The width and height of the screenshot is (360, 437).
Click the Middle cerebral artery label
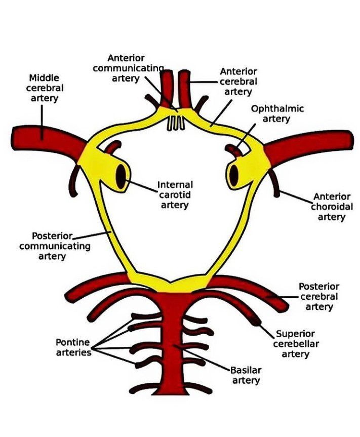tap(44, 88)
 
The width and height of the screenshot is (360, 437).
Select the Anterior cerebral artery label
tap(238, 82)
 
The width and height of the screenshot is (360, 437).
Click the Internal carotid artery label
tap(175, 195)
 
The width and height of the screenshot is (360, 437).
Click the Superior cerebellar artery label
tap(295, 344)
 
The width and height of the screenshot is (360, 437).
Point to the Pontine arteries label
tap(73, 347)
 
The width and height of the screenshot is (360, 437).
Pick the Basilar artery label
tap(246, 375)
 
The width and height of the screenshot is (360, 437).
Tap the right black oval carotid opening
tap(234, 175)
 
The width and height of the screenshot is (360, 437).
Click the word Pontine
tap(73, 342)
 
